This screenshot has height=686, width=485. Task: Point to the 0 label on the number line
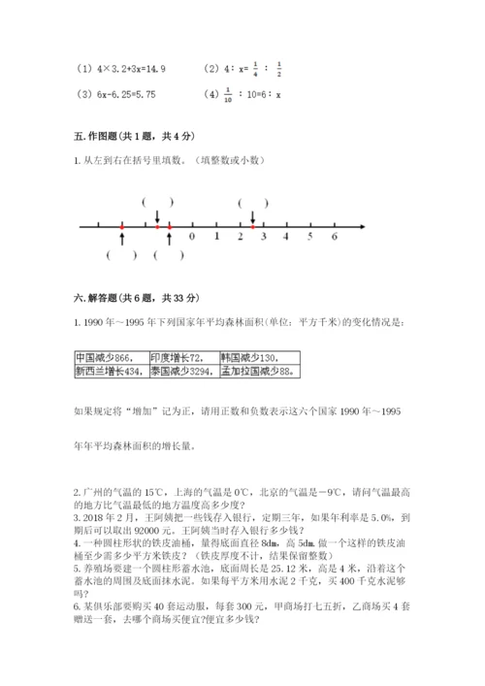pyautogui.click(x=192, y=236)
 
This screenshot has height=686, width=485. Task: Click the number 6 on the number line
pyautogui.click(x=334, y=236)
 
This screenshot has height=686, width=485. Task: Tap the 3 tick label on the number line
pyautogui.click(x=263, y=236)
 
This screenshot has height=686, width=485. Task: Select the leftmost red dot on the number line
pyautogui.click(x=122, y=226)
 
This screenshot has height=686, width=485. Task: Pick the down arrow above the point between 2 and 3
pyautogui.click(x=253, y=217)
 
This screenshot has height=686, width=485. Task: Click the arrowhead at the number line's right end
pyautogui.click(x=362, y=226)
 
